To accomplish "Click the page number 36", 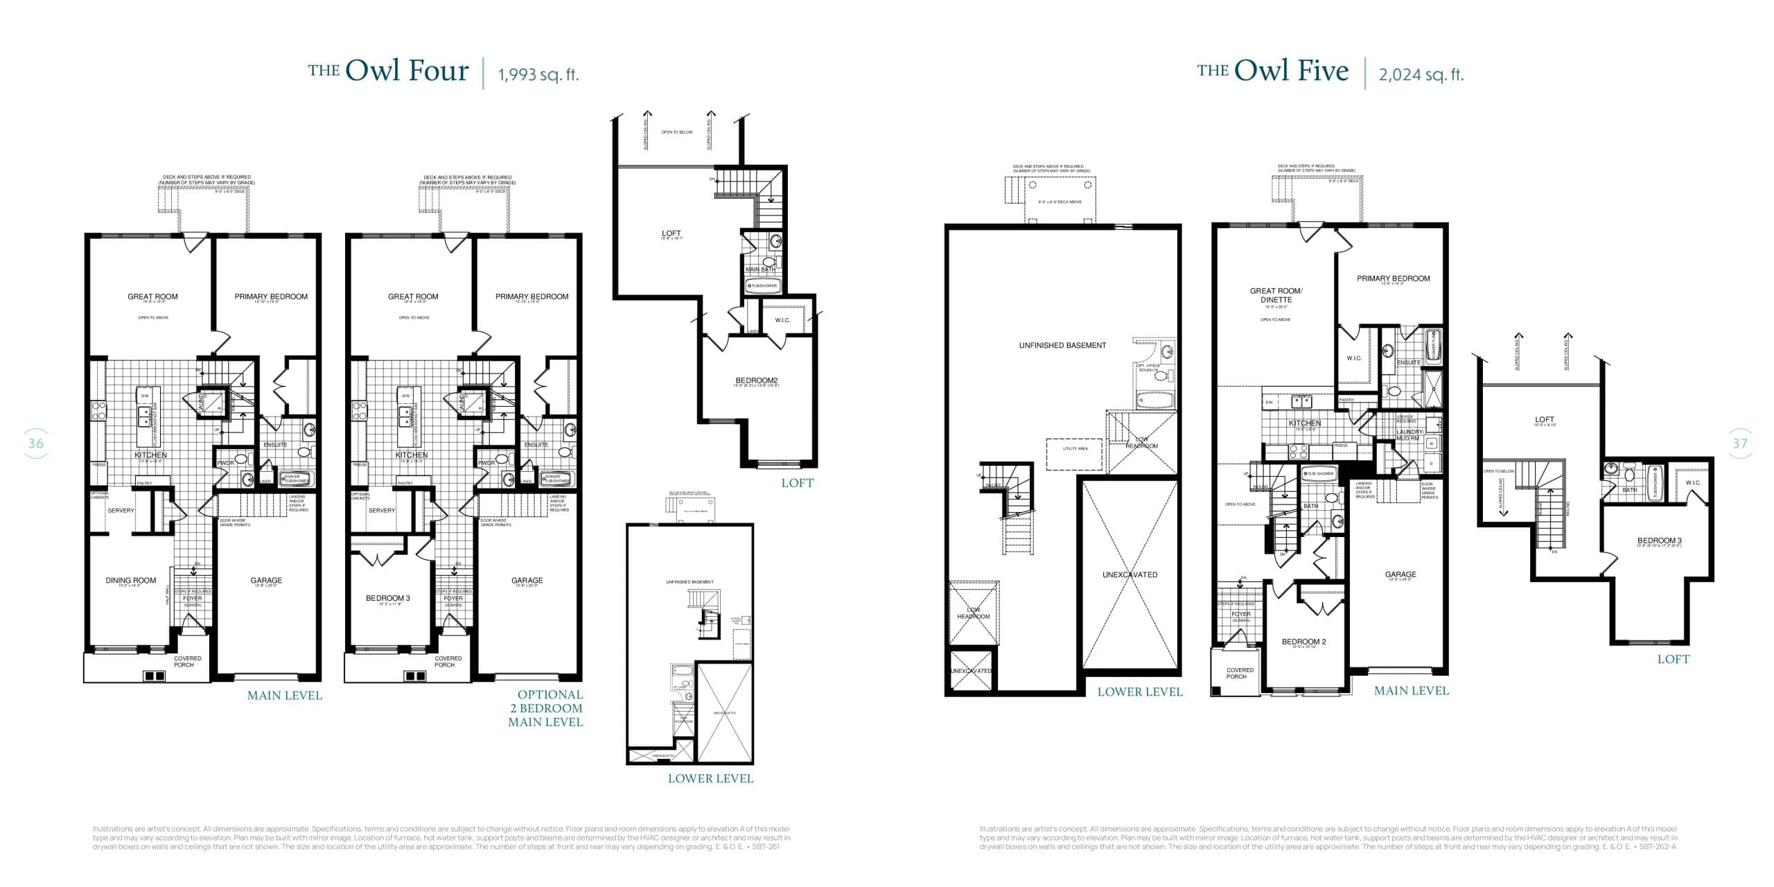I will [35, 443].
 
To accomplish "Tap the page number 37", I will [1739, 443].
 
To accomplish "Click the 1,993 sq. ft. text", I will [538, 75].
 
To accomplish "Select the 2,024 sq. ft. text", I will [1421, 75].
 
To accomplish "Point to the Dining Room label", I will [130, 581].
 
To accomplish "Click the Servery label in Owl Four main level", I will [121, 511].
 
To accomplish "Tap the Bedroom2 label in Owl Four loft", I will [757, 380].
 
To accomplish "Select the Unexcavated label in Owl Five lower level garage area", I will [1130, 574].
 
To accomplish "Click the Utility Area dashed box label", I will [1075, 448].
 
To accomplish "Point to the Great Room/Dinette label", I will [1276, 295].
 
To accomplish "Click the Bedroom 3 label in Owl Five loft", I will [1659, 541].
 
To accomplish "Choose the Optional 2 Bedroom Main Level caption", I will [546, 708].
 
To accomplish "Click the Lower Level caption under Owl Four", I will [710, 778].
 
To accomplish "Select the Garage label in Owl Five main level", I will [1400, 574].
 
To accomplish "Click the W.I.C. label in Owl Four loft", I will [782, 320].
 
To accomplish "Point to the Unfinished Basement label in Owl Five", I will [1062, 345].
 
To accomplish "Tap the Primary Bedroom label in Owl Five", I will [1393, 279].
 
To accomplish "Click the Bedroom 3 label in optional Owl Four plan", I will [388, 598].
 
